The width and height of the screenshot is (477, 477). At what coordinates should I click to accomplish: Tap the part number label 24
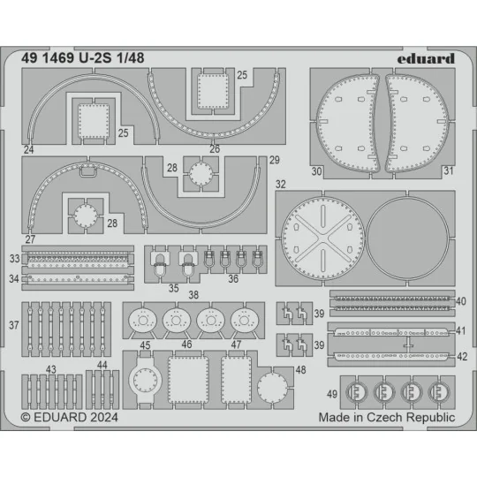click(29, 151)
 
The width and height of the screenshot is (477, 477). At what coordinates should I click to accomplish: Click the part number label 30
click(317, 171)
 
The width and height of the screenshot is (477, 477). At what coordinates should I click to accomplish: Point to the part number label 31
click(448, 171)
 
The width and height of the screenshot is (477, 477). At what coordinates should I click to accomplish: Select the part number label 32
click(280, 185)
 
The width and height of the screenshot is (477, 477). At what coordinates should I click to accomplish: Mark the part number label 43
click(51, 369)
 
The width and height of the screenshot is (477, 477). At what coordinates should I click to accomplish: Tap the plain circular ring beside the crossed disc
click(404, 239)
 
